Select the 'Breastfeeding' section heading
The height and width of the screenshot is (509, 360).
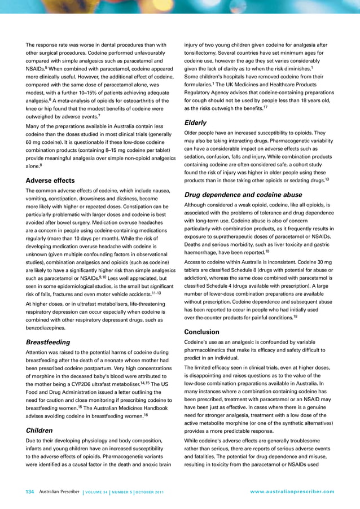tap(48, 342)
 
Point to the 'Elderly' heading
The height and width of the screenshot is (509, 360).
tap(196, 122)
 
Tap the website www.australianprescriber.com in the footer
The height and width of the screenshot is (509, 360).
tap(292, 492)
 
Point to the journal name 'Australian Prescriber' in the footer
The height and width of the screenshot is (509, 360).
tap(59, 491)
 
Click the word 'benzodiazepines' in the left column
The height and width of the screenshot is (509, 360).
tap(48, 327)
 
